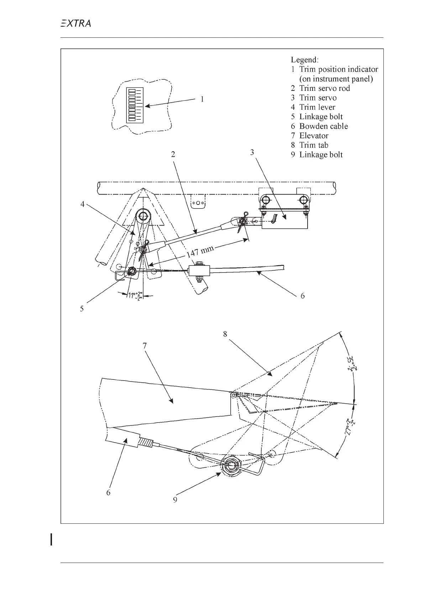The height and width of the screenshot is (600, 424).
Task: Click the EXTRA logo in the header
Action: point(75,24)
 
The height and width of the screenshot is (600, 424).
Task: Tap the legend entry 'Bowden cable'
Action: point(319,126)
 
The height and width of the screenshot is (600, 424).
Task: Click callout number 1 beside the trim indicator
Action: point(202,99)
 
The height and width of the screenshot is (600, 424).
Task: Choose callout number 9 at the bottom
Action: point(175,500)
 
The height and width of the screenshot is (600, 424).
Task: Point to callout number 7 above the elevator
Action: point(144,346)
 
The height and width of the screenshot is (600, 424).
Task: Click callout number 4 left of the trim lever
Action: point(83,205)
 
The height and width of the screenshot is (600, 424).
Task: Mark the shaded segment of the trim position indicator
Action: point(132,107)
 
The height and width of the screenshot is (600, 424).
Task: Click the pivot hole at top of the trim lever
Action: point(144,216)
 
